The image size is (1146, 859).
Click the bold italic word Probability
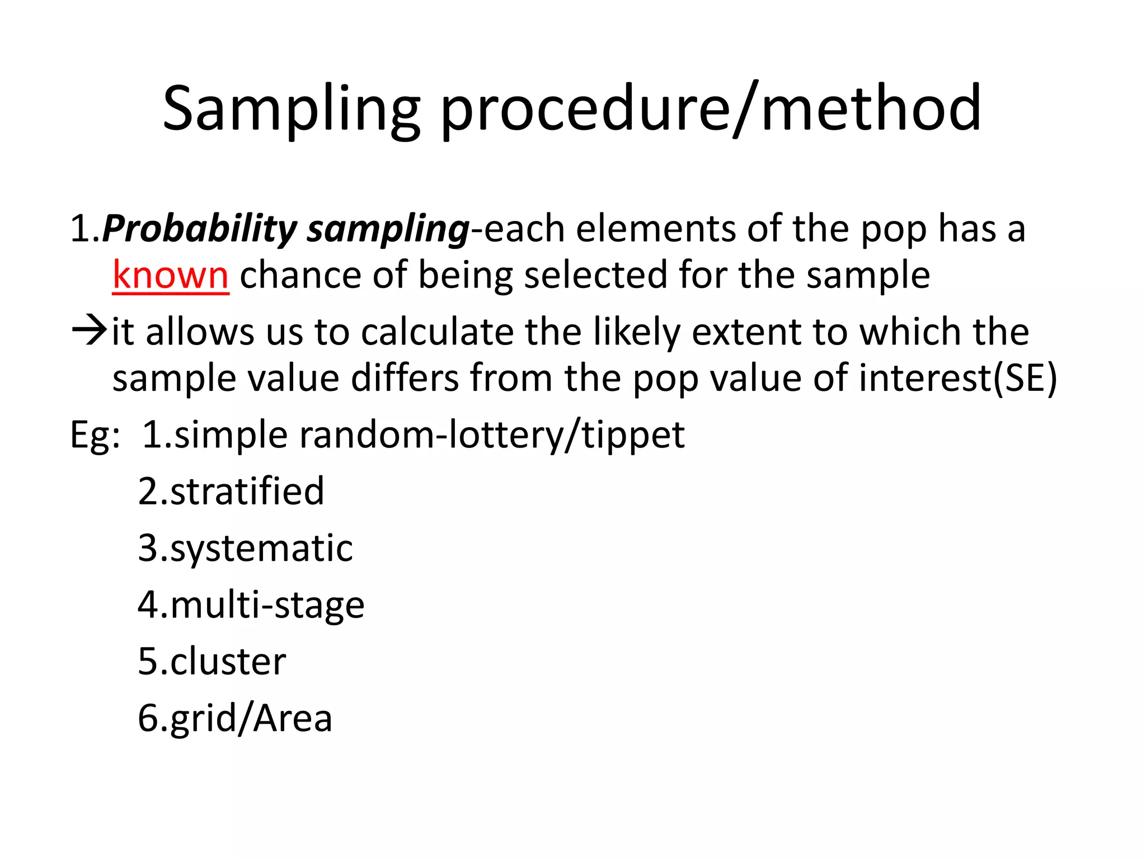[200, 229]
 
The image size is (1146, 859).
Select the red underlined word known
[170, 275]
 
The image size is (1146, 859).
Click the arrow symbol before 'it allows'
[88, 331]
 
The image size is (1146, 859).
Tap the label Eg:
[95, 435]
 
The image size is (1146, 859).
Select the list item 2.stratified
[231, 491]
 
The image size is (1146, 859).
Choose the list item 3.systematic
[245, 548]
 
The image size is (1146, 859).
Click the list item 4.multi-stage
[251, 605]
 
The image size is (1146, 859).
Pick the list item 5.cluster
[212, 662]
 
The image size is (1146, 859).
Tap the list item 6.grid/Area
[235, 718]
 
